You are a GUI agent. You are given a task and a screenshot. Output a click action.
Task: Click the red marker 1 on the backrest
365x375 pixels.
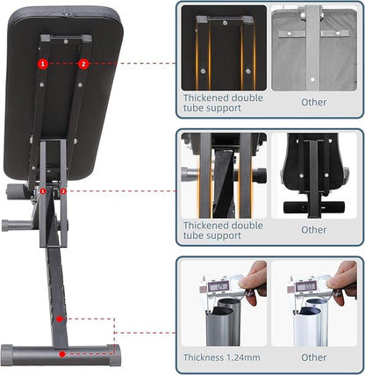click(43, 63)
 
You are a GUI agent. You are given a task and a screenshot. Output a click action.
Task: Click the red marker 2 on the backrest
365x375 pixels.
click(83, 63)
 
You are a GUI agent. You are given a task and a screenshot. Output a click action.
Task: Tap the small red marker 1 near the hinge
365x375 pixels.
click(43, 191)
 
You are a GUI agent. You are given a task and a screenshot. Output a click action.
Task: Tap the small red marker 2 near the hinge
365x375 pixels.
click(63, 191)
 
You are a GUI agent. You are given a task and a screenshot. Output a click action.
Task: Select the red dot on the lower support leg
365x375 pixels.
click(60, 319)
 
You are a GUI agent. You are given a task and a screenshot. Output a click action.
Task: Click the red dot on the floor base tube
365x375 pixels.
click(62, 354)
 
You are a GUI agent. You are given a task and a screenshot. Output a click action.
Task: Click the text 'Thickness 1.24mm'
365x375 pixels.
click(221, 357)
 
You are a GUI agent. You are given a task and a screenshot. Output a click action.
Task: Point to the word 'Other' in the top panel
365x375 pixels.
click(314, 102)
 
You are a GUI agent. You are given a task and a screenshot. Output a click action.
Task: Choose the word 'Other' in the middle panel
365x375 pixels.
click(314, 230)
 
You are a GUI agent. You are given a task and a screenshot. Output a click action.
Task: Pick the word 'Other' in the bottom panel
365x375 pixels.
click(314, 357)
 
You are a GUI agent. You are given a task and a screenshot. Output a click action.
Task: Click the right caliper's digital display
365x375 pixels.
click(306, 286)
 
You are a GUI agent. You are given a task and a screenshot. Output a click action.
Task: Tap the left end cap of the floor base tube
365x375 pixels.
click(7, 355)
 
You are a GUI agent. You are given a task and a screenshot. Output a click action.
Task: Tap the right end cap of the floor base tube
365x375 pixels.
click(115, 355)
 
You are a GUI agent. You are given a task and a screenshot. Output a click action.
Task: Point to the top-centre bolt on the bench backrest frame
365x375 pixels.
click(66, 41)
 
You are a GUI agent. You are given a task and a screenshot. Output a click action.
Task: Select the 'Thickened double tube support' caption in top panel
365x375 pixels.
click(223, 103)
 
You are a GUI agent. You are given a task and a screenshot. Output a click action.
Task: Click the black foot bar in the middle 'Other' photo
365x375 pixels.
click(314, 207)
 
